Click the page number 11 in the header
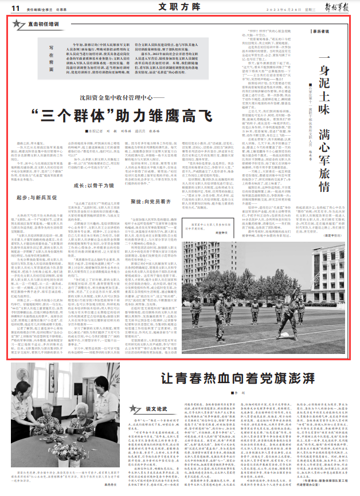click(13, 9)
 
